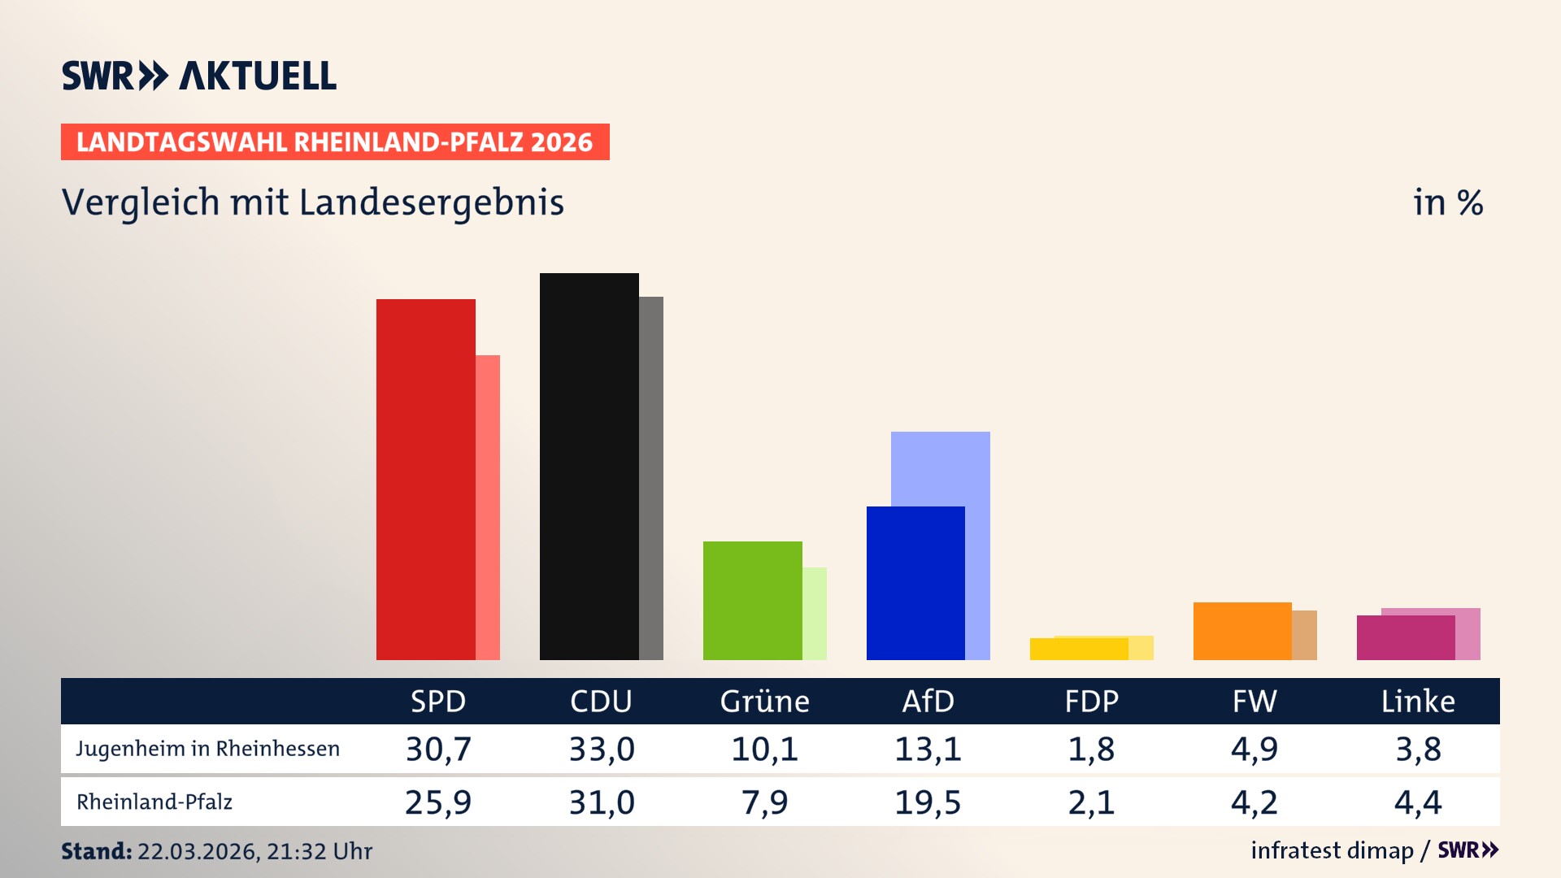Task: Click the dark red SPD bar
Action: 425,480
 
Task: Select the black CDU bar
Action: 589,467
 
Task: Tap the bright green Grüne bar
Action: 752,601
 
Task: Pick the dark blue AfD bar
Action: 915,583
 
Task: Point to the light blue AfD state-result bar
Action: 941,467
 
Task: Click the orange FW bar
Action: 1241,631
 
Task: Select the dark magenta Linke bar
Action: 1405,638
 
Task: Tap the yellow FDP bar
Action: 1078,649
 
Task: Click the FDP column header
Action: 1091,702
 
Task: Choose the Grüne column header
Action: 764,702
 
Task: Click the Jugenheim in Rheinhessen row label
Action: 208,749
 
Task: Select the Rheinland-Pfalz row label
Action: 154,802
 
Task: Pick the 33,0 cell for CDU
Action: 602,749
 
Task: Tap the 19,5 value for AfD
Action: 928,802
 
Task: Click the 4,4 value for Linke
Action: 1418,802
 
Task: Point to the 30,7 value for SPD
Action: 438,749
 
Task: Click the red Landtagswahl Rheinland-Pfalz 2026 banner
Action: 335,142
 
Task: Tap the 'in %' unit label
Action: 1448,202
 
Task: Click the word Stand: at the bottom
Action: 96,851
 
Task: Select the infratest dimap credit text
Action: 1332,850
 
